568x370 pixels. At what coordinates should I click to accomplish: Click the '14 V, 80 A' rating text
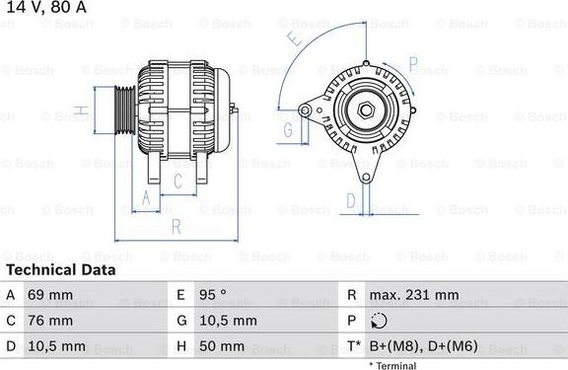pyautogui.click(x=45, y=9)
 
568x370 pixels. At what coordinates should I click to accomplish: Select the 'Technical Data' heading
pyautogui.click(x=60, y=269)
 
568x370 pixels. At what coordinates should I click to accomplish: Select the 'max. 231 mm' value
pyautogui.click(x=414, y=295)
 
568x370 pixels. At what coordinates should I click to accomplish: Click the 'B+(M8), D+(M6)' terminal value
pyautogui.click(x=423, y=346)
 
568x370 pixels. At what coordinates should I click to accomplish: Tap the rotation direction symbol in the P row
pyautogui.click(x=382, y=321)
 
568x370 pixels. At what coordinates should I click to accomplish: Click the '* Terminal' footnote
pyautogui.click(x=392, y=365)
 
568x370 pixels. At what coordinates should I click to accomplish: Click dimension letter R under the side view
pyautogui.click(x=176, y=227)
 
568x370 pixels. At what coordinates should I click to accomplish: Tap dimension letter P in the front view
pyautogui.click(x=414, y=67)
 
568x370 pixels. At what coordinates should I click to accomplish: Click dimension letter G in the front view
pyautogui.click(x=289, y=129)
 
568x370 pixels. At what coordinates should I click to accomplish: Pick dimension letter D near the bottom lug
pyautogui.click(x=350, y=201)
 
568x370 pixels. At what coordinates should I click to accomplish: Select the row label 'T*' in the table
pyautogui.click(x=352, y=346)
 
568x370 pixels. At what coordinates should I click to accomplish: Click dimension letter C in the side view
pyautogui.click(x=177, y=181)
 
